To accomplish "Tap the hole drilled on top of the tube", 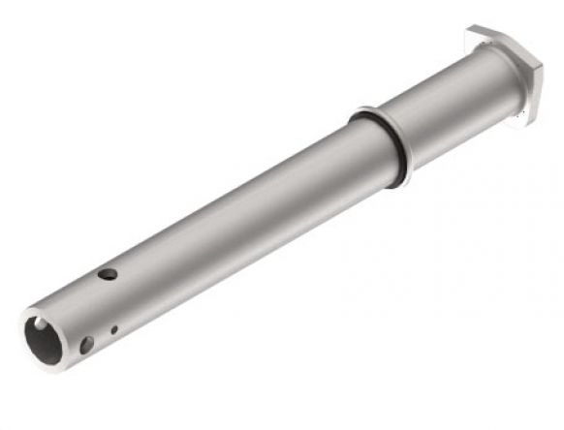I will click(x=108, y=274).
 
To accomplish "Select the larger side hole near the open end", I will click(x=87, y=344).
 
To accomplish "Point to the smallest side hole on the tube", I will click(x=114, y=329).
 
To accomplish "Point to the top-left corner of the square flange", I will click(x=472, y=31).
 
